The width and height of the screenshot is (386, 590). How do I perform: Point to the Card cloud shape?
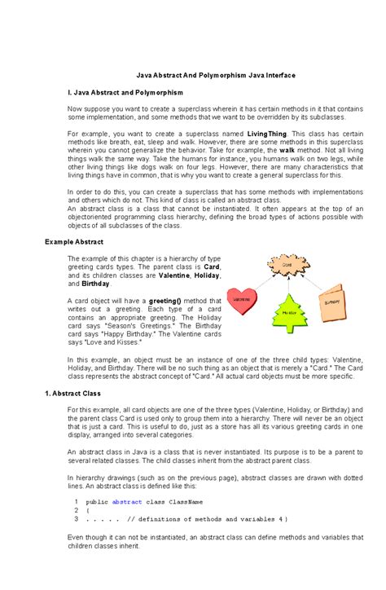coord(287,265)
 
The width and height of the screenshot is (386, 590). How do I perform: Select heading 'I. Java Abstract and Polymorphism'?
coord(125,92)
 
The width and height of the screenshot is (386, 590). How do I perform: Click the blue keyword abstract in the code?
coord(125,502)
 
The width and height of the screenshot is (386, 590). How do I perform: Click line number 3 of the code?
coord(76,518)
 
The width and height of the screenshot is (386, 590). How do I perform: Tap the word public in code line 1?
coord(96,502)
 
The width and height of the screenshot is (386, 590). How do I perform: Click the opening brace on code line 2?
coord(87,510)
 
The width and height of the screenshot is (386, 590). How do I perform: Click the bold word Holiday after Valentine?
coord(204,275)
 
